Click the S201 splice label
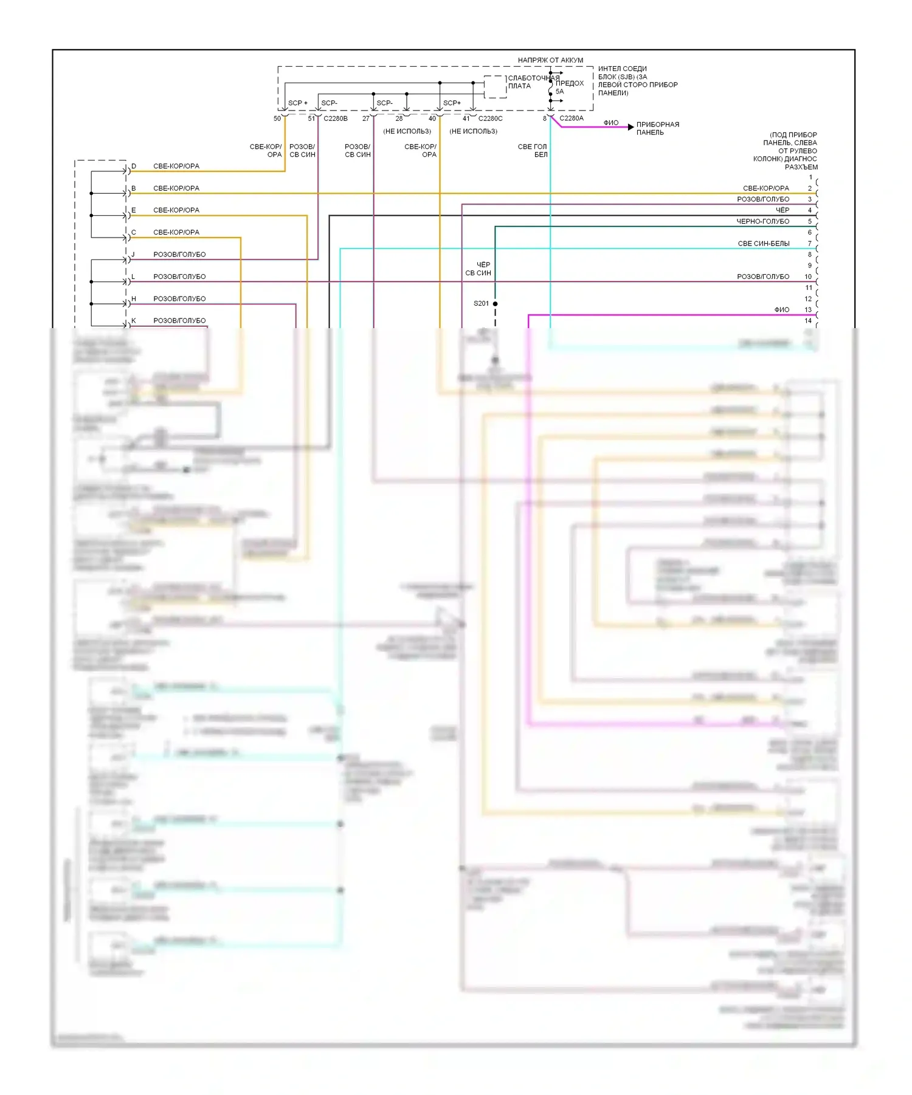481,303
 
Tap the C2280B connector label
335,118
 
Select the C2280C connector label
490,118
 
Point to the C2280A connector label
571,118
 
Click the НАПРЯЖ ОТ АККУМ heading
550,60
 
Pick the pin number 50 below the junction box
277,118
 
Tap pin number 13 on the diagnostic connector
808,310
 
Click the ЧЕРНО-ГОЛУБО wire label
762,222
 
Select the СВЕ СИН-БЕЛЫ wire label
764,244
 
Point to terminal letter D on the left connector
134,166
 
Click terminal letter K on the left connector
134,321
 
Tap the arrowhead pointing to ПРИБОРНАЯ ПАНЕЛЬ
631,127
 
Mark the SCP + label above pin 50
297,103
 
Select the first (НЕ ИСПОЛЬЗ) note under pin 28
407,131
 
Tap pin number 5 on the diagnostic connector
809,222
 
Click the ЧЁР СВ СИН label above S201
478,269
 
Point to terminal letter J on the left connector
133,255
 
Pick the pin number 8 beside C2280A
545,118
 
